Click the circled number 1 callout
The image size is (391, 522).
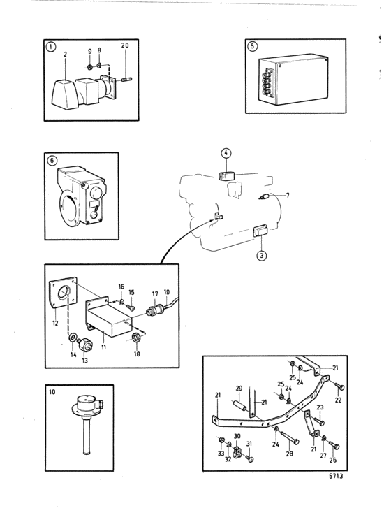pos(50,47)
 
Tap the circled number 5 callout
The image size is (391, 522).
pos(252,46)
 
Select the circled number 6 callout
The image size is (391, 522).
pos(52,161)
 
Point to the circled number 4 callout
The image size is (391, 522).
pos(226,153)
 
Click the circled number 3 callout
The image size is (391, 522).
pos(262,255)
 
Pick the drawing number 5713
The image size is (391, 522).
pos(336,476)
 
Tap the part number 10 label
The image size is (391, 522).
pos(52,392)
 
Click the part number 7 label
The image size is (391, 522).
pos(288,195)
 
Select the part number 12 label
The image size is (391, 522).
pos(55,323)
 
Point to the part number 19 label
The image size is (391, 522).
pos(167,292)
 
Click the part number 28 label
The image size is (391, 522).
pos(289,453)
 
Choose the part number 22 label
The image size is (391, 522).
pos(338,400)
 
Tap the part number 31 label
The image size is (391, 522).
pos(249,444)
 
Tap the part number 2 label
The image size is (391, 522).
pos(65,55)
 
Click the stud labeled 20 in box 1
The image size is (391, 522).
pos(127,79)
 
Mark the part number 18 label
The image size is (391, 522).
pos(137,354)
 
